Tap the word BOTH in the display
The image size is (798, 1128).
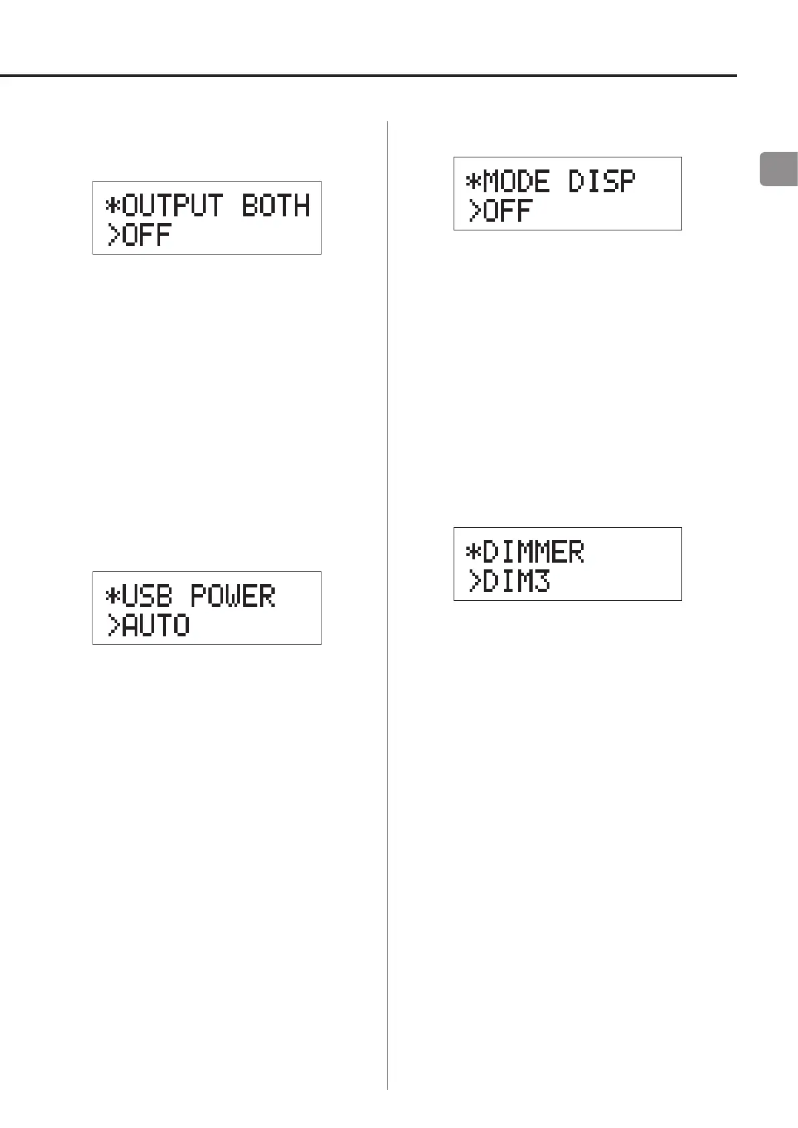tap(275, 206)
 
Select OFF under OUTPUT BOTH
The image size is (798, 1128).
tap(148, 235)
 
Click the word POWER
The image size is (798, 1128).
tap(233, 596)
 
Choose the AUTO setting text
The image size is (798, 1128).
tap(157, 626)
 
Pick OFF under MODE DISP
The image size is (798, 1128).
tap(508, 211)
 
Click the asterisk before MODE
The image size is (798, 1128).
tap(474, 182)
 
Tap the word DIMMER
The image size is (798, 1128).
tap(533, 552)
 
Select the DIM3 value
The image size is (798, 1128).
tap(517, 581)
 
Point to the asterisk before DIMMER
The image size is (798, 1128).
tap(474, 553)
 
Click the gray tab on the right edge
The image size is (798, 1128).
tap(779, 169)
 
